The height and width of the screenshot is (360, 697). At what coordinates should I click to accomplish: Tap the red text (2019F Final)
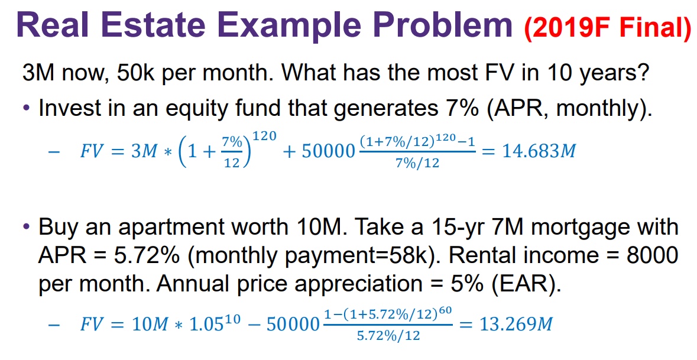click(x=608, y=27)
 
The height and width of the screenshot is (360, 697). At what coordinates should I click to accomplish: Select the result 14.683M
click(x=539, y=151)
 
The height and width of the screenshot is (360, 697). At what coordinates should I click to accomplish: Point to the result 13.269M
click(x=516, y=325)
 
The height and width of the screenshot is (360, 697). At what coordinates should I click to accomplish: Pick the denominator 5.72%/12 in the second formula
click(x=388, y=336)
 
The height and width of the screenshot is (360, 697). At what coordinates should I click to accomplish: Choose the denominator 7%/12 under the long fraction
click(x=417, y=163)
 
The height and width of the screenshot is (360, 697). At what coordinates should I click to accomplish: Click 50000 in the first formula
click(x=329, y=151)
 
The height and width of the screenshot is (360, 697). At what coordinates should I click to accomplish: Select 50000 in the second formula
click(x=293, y=325)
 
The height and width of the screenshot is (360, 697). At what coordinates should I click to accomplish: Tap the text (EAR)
click(x=526, y=284)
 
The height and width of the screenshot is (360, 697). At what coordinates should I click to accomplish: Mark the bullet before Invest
click(x=27, y=108)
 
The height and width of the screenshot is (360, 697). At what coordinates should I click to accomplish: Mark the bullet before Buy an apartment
click(x=27, y=227)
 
